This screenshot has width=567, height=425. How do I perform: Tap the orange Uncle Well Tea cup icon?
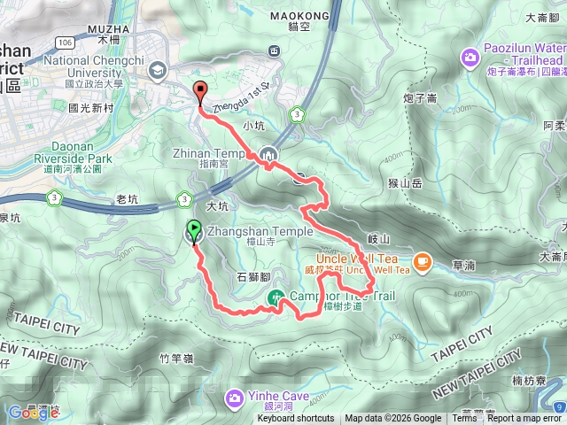pos(422,260)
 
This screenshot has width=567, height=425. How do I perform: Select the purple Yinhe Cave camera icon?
pos(234,396)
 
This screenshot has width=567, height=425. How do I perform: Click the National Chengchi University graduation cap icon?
pos(158,69)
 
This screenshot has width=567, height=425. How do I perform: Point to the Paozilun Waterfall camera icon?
pos(469,58)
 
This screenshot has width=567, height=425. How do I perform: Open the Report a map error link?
pos(524,419)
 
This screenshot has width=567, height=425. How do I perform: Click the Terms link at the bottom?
pos(464,419)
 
